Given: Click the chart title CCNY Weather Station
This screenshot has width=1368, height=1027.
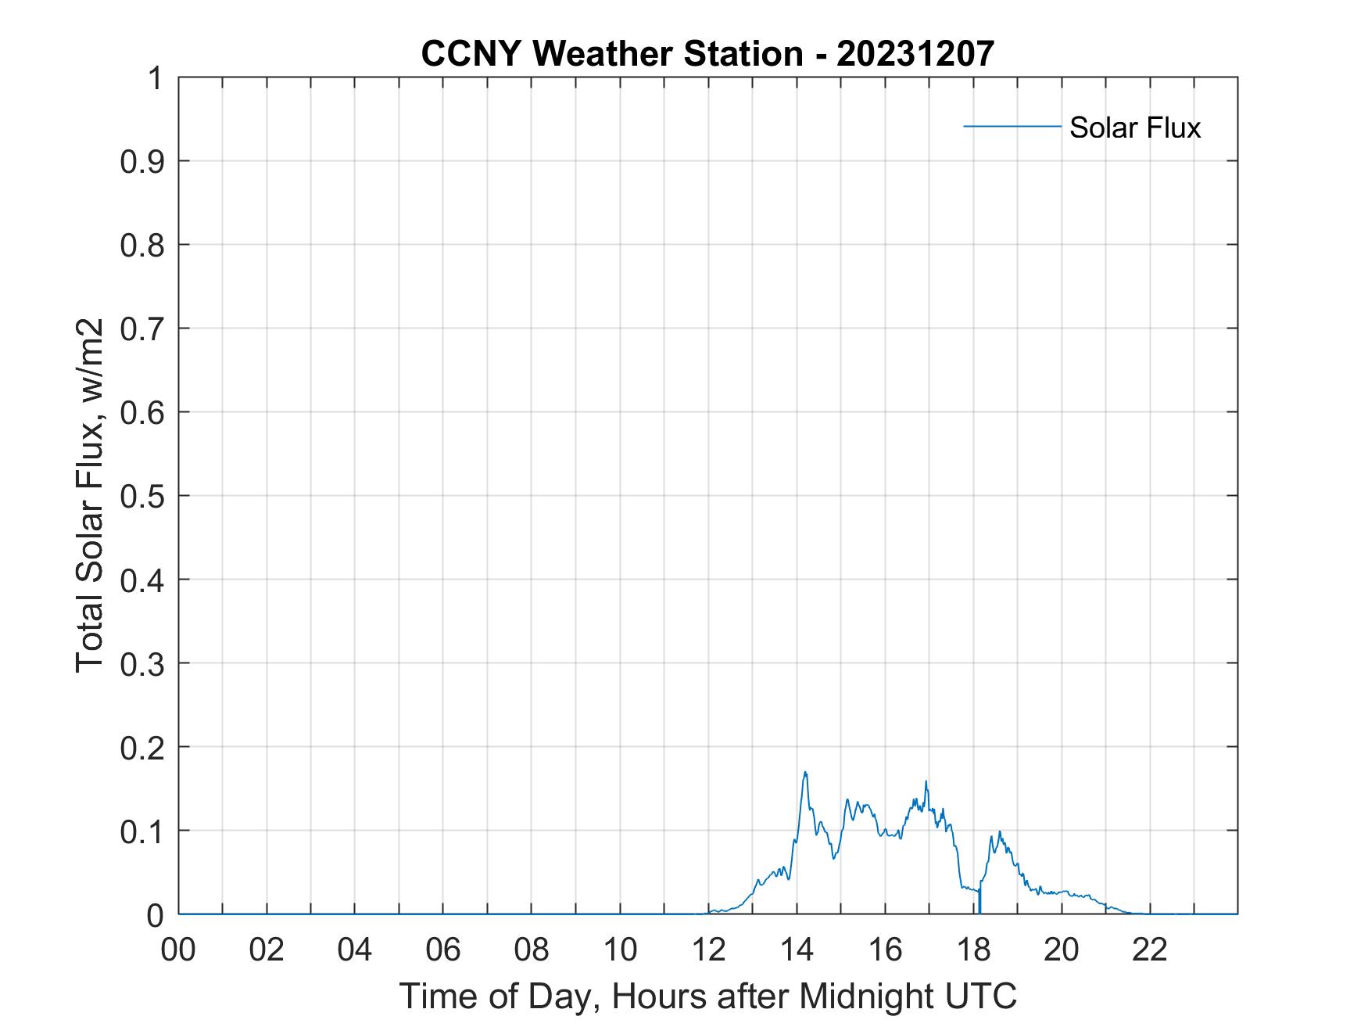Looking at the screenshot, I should click(x=611, y=54).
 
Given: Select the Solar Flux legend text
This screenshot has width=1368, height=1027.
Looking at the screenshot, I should click(x=1134, y=127).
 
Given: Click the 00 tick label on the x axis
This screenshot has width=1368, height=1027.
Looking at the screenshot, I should click(x=178, y=950).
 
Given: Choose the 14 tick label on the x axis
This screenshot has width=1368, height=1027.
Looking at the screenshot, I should click(x=797, y=950).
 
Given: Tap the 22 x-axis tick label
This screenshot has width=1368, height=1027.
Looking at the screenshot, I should click(x=1150, y=950).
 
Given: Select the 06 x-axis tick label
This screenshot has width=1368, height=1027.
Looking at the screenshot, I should click(x=443, y=950).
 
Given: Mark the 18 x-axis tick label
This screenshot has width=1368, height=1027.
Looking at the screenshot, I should click(x=974, y=950).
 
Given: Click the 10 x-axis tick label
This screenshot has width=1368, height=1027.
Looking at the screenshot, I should click(x=621, y=950).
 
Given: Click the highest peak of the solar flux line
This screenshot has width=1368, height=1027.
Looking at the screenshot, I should click(x=805, y=773).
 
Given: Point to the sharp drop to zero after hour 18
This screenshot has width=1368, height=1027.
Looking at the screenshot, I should click(x=979, y=907).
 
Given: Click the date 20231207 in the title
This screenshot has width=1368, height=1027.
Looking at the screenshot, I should click(x=915, y=54).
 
